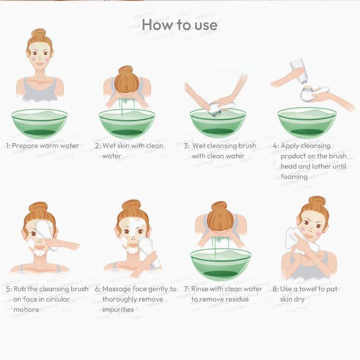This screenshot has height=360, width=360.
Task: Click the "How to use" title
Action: (180, 25)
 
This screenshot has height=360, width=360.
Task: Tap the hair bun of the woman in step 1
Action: (39, 34)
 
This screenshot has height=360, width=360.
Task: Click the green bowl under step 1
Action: (40, 123)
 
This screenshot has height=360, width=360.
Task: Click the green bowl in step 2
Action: (127, 123)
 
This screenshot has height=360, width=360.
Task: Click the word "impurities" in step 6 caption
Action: (118, 310)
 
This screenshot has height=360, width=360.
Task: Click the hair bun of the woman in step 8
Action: (317, 201)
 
